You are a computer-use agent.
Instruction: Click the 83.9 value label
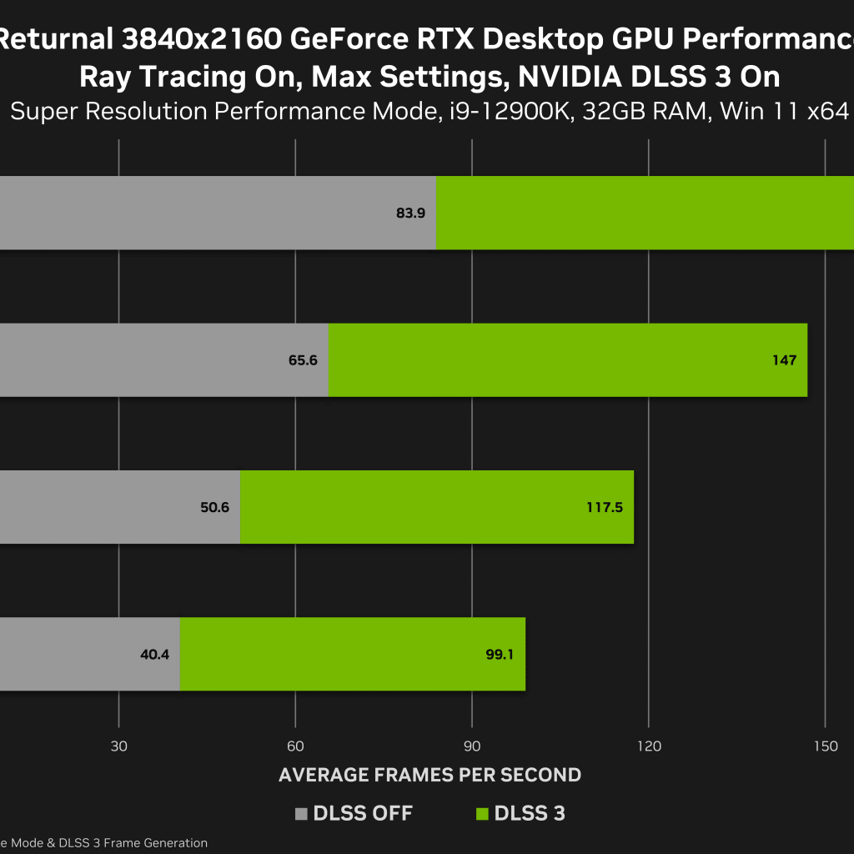tap(410, 213)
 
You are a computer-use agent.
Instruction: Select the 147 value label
tap(784, 360)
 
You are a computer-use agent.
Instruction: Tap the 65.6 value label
tap(304, 360)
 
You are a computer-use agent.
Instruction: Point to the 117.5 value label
tap(605, 507)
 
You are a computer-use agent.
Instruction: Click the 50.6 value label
tap(215, 507)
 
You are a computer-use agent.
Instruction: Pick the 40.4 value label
tap(154, 655)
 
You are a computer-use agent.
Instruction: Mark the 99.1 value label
tap(500, 655)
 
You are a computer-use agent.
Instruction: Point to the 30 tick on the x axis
tap(118, 746)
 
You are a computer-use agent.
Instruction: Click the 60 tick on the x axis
tap(295, 746)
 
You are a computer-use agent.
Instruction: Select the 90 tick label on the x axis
tap(472, 746)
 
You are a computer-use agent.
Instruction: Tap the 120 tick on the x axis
tap(649, 746)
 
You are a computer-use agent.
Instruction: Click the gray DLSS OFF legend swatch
tap(301, 814)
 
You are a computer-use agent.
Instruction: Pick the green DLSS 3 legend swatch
tap(482, 814)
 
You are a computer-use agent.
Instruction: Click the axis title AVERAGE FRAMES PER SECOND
tap(430, 775)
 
